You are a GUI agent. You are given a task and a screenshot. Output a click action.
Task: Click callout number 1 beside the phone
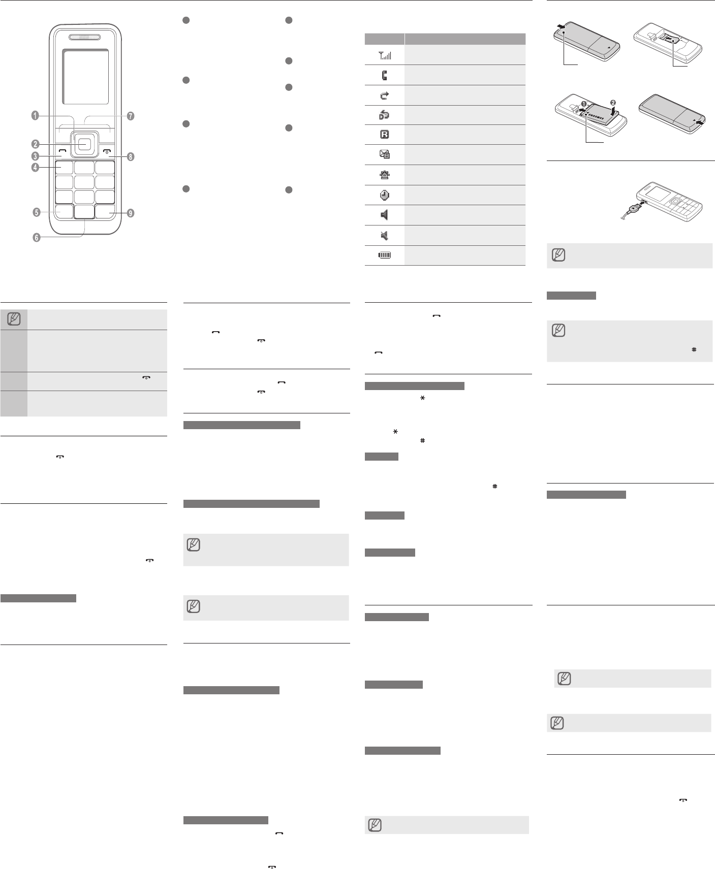click(x=35, y=116)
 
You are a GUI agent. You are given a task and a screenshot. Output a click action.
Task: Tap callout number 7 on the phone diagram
click(x=131, y=116)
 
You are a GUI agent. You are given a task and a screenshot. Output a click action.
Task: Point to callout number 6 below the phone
click(x=37, y=237)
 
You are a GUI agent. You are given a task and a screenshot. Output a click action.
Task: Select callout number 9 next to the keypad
click(x=131, y=213)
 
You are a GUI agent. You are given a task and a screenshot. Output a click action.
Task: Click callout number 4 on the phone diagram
click(x=35, y=167)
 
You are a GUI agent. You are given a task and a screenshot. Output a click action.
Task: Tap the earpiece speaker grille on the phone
click(x=85, y=37)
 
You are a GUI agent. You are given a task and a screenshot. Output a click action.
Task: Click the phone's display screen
click(x=85, y=77)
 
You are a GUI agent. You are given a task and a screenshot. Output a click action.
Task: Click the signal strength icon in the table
click(x=385, y=55)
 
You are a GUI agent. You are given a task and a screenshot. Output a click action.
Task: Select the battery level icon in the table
click(x=385, y=255)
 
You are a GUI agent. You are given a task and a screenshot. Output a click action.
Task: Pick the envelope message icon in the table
click(x=385, y=154)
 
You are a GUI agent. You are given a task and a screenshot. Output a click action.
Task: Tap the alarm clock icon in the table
click(x=385, y=195)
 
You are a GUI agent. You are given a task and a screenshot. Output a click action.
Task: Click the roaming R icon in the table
click(x=385, y=135)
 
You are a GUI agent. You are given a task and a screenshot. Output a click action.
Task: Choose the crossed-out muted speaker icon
click(x=385, y=235)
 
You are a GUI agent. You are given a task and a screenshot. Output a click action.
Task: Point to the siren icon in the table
click(x=385, y=175)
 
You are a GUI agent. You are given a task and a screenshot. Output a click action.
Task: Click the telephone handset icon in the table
click(x=385, y=75)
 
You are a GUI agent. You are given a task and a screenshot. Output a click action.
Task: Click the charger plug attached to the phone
click(x=634, y=207)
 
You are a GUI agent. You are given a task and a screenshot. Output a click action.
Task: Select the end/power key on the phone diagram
click(x=107, y=151)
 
